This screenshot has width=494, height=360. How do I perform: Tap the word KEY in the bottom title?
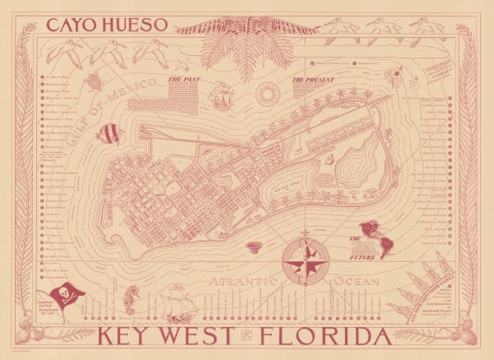pyautogui.click(x=132, y=339)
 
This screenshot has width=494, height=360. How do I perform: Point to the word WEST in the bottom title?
pyautogui.click(x=205, y=339)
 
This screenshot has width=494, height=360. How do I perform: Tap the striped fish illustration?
pyautogui.click(x=107, y=133)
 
